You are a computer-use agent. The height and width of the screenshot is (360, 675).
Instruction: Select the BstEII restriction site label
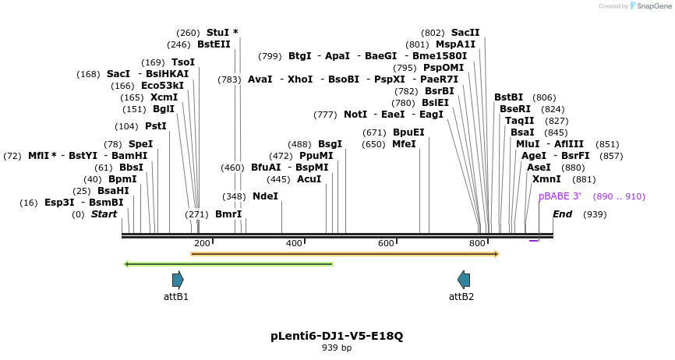[x=214, y=45]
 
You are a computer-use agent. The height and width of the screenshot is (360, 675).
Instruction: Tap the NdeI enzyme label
[x=265, y=196]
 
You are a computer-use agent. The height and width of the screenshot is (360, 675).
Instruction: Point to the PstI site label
[x=156, y=126]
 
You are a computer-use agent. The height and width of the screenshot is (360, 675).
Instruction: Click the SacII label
[x=465, y=33]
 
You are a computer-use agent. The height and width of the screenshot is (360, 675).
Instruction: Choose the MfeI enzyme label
[x=404, y=144]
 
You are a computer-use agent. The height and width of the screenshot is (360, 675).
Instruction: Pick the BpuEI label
[x=408, y=132]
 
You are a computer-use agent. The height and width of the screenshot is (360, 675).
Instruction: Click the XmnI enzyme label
[x=546, y=179]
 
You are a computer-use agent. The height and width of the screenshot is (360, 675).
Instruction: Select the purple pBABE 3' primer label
[x=560, y=196]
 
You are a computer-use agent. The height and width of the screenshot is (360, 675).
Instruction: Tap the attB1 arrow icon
[x=178, y=280]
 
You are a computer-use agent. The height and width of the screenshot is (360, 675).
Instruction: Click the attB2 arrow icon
[x=464, y=280]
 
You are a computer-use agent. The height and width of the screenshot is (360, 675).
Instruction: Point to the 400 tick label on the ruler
[x=294, y=244]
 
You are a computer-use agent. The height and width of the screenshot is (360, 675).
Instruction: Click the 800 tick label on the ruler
[x=478, y=244]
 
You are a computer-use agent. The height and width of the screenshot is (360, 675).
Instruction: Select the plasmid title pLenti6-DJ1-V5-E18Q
[x=337, y=336]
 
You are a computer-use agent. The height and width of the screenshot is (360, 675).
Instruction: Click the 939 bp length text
[x=337, y=348]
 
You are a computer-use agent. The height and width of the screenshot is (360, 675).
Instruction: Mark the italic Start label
[x=104, y=214]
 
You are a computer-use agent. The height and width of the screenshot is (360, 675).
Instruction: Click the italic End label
[x=562, y=214]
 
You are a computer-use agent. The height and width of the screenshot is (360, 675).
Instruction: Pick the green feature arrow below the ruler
[x=229, y=264]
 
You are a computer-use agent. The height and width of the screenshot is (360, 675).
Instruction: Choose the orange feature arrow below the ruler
[x=345, y=253]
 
